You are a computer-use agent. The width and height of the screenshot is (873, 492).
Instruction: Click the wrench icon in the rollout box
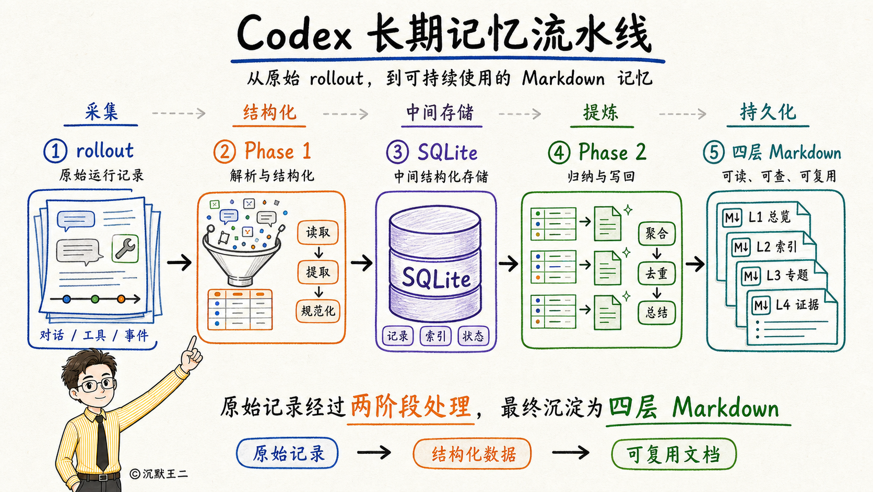(125, 248)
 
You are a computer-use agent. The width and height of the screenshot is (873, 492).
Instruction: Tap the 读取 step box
(317, 233)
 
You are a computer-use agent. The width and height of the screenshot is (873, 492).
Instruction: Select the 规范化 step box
(317, 311)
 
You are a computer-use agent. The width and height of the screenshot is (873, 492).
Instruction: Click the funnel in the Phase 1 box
(242, 254)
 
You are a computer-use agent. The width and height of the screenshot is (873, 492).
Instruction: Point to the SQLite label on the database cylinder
(436, 278)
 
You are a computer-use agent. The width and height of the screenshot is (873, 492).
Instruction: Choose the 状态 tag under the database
(473, 336)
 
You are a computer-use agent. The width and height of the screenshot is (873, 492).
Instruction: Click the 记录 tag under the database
(397, 336)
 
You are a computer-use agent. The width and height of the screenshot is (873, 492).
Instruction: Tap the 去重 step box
(657, 273)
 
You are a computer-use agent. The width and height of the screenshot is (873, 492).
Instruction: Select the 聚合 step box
(657, 234)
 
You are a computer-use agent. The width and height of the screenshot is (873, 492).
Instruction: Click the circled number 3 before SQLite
(397, 152)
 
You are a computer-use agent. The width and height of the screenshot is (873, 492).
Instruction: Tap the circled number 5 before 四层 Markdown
(714, 152)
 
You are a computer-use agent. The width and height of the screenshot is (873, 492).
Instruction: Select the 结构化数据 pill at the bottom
(473, 454)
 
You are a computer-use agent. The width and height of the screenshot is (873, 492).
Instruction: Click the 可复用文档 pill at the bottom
(674, 454)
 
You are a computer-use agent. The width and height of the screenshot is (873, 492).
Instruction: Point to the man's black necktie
(102, 443)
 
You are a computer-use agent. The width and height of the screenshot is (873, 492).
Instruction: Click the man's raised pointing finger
(191, 345)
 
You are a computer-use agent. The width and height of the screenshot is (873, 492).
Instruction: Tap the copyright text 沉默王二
(165, 474)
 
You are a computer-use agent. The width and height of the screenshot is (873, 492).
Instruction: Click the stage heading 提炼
(600, 112)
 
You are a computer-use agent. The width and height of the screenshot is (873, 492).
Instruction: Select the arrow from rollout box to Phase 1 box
(179, 262)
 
